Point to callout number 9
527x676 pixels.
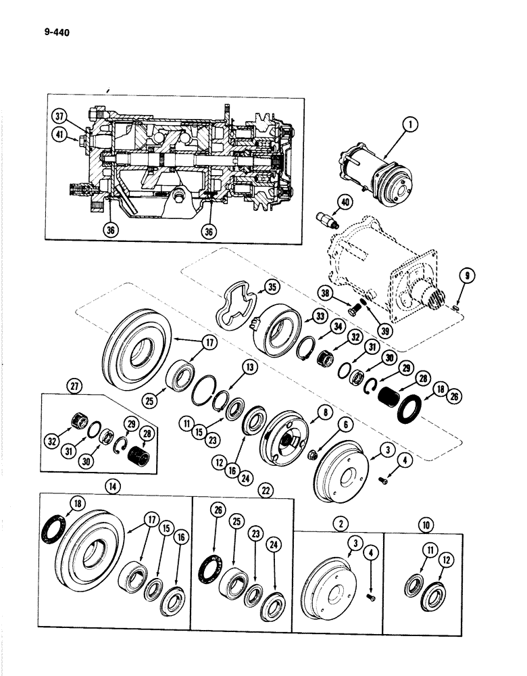click(x=468, y=276)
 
